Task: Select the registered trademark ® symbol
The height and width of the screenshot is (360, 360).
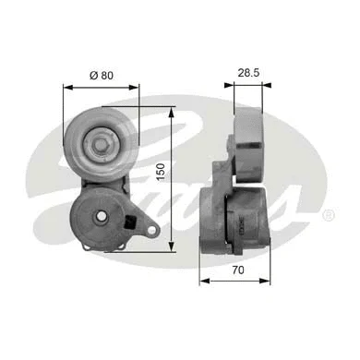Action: point(328,215)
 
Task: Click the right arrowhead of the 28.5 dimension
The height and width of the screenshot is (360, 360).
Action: point(263,84)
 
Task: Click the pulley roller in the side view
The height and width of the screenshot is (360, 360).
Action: point(250,138)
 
